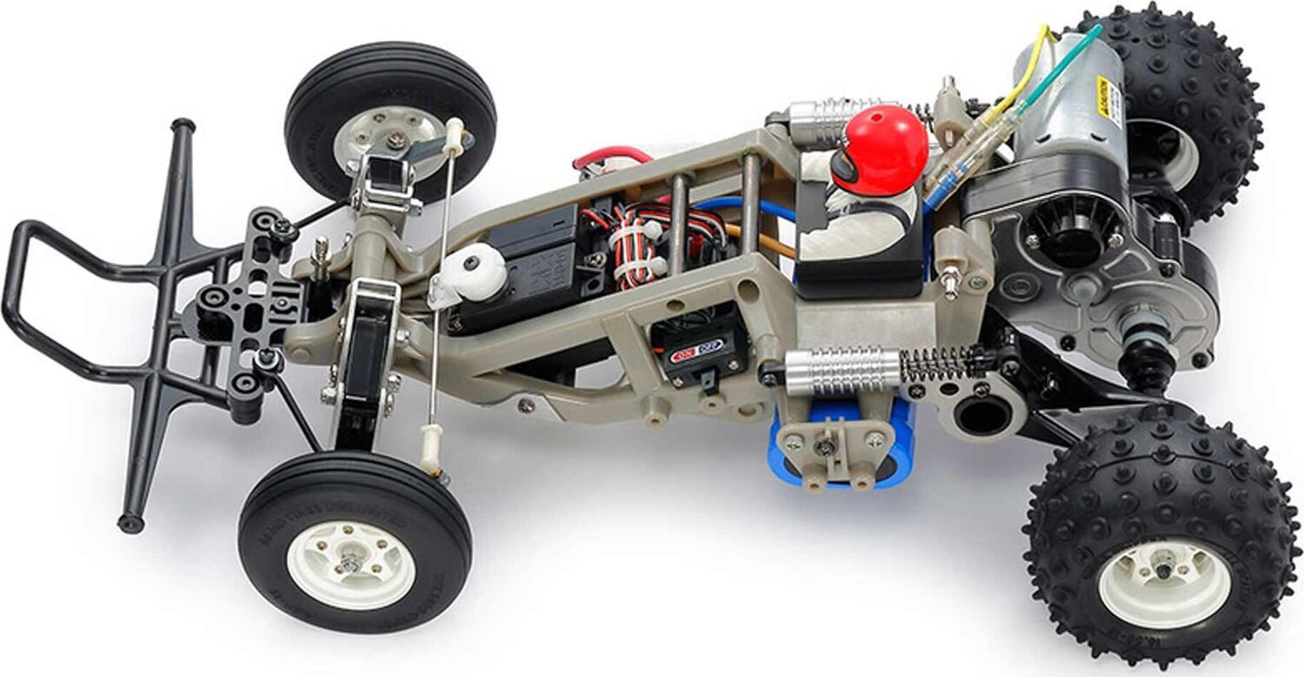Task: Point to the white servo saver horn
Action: click(475, 271)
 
